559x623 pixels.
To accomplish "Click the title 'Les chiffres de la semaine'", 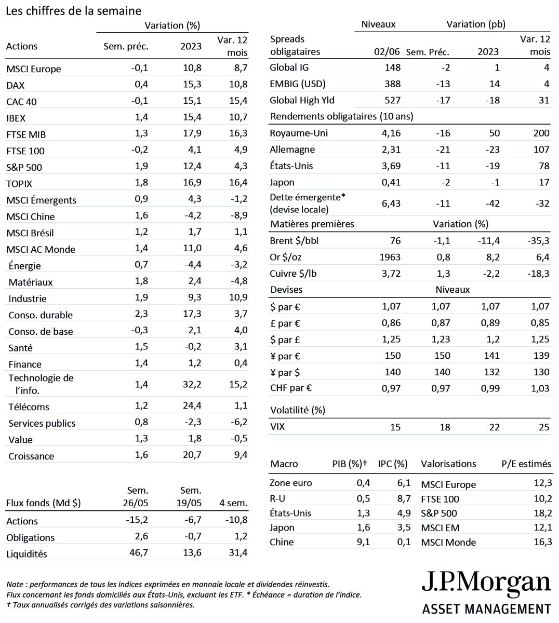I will coord(73,11).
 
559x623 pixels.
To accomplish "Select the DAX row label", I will coord(16,85).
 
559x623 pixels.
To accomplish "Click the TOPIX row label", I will coord(19,184).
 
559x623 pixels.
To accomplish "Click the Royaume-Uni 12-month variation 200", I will coord(541,133).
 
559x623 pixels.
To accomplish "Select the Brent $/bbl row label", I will coord(294,241).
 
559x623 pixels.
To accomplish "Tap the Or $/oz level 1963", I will coord(391,257).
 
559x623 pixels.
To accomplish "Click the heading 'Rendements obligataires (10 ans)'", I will coord(342,116).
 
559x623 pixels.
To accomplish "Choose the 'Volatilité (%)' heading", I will coord(298,410).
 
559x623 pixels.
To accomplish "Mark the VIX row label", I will coord(277,427).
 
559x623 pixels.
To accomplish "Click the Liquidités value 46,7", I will coord(138,553).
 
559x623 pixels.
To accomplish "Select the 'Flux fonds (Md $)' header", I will coord(43,503).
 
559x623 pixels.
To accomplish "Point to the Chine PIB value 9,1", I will coord(363,542).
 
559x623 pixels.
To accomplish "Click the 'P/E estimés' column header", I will coord(526,464).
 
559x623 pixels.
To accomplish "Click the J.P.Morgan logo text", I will coord(486,583).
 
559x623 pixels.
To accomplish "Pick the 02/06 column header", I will coord(387,51).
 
